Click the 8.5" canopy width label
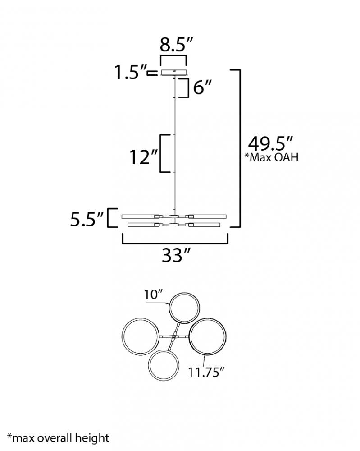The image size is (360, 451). [x=177, y=45]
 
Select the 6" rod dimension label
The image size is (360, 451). [x=202, y=87]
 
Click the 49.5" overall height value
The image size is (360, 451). [x=270, y=143]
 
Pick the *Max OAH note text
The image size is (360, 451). [x=271, y=157]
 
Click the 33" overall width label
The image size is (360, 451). [x=176, y=255]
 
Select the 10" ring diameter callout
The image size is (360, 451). [x=154, y=295]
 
